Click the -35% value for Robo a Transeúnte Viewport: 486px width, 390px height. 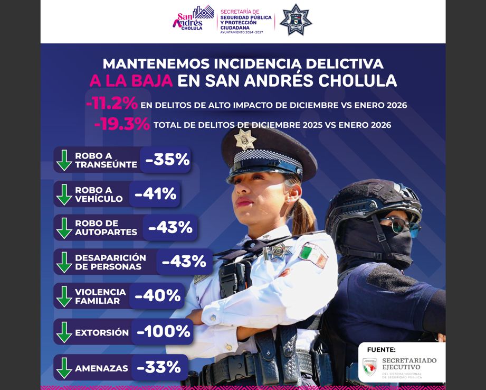167,160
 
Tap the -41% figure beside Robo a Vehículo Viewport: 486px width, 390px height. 155,194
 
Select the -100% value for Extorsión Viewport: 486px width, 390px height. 163,332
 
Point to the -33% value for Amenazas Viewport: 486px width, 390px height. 159,367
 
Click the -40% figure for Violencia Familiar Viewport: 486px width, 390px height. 157,296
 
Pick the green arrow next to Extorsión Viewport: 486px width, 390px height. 64,332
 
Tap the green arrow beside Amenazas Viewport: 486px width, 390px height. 64,367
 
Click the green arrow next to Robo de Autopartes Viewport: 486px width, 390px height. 64,228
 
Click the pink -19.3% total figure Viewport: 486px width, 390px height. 122,125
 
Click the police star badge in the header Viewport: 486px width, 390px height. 296,21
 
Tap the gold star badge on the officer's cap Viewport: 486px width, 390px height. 245,140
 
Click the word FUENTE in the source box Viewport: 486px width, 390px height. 380,350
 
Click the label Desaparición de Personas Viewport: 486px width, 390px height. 110,262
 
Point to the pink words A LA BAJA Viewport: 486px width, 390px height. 131,81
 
